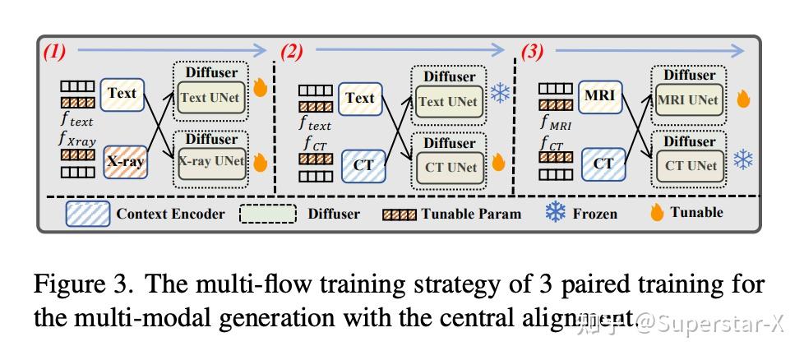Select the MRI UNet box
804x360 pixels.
[689, 101]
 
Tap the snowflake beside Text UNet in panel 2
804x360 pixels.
[500, 93]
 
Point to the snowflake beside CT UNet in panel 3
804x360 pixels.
[743, 160]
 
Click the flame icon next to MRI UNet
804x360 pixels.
[744, 99]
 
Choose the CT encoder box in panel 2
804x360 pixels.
[363, 164]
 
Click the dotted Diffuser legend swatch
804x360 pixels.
[267, 214]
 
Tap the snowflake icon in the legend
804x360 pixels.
[556, 213]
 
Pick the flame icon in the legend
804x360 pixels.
[657, 213]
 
